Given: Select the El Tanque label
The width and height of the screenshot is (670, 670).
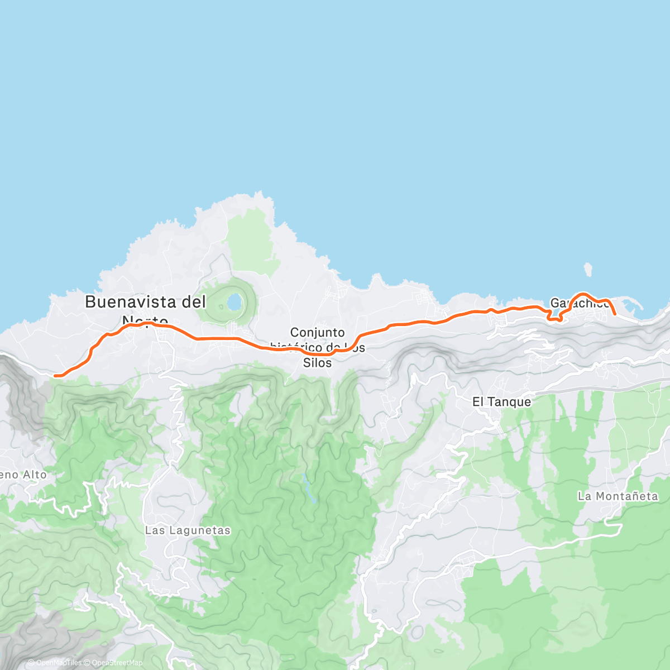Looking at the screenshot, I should coord(501,401).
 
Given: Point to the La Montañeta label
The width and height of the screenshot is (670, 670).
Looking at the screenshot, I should coord(618,496).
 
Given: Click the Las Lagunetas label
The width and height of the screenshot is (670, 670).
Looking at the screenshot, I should coord(188,530).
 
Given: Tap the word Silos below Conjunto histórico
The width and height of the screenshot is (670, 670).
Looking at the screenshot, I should coord(317,363).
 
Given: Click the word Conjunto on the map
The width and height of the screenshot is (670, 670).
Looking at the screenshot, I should coord(317,333).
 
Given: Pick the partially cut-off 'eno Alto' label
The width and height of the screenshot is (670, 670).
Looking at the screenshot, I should coord(23,475).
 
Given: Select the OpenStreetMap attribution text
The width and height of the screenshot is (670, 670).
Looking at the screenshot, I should coord(117,663).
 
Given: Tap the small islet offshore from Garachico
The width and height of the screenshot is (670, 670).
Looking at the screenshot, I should coord(588,270).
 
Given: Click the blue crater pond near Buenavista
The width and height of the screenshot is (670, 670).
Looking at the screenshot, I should coord(234,303).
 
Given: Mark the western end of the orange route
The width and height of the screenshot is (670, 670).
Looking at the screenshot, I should coord(55,376).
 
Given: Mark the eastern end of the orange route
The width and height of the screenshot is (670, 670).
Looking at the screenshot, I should coord(615,315).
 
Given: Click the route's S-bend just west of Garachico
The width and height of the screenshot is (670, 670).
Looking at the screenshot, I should coord(554,315).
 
